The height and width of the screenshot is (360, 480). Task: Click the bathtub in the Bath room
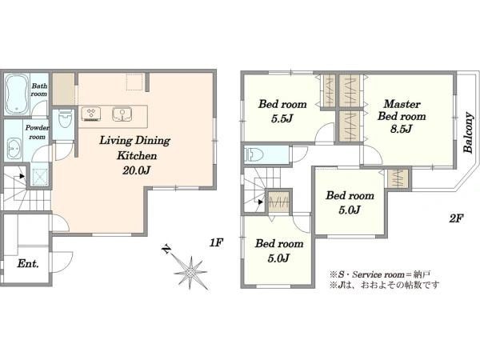(17, 94)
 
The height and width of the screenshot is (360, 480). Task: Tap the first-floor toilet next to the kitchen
(65, 119)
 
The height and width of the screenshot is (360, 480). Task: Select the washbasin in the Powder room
(14, 149)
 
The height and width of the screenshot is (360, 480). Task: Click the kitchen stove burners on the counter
(91, 114)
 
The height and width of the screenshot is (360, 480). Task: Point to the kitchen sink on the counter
(122, 114)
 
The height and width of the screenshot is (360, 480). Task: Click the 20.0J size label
(136, 170)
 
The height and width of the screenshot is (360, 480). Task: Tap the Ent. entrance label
(28, 263)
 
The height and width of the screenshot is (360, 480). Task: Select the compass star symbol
(190, 272)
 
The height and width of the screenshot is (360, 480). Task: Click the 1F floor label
(216, 242)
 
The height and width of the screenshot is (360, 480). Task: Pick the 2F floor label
(456, 218)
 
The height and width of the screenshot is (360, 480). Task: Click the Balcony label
(468, 133)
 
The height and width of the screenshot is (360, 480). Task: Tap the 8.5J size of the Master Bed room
(401, 129)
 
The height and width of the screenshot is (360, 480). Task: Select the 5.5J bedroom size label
(282, 118)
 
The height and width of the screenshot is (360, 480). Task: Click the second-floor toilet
(254, 155)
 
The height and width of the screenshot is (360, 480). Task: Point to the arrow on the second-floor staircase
(260, 202)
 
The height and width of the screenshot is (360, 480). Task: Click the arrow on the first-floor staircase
(22, 176)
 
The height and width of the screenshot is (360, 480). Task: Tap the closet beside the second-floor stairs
(278, 202)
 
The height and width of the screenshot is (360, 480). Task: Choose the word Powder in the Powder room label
(37, 128)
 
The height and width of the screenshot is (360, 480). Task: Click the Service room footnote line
(380, 274)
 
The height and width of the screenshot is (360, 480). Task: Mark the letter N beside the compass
(166, 249)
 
